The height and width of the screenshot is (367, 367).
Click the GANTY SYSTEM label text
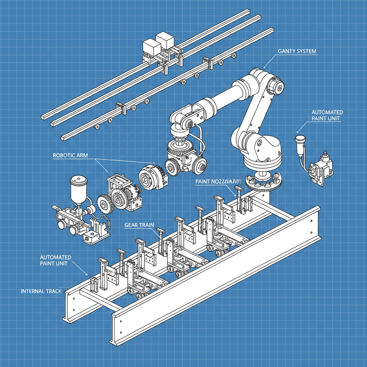(297, 51)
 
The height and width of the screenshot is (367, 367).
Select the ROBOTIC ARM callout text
(70, 156)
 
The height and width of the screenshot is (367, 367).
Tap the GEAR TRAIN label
(139, 225)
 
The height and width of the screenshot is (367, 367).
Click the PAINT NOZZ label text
(215, 182)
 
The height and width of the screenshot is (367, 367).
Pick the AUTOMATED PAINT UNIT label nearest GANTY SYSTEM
(327, 115)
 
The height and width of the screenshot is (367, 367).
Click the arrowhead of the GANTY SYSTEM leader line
(265, 67)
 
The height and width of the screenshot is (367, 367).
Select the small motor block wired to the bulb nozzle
(320, 168)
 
